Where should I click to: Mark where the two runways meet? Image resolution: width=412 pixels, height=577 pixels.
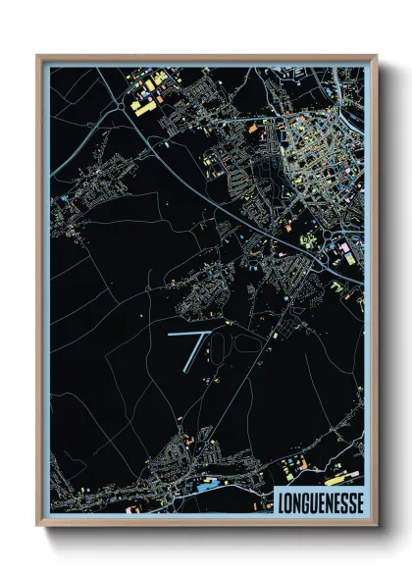pyautogui.click(x=205, y=335)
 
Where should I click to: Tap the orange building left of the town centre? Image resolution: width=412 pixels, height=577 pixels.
pyautogui.click(x=252, y=128)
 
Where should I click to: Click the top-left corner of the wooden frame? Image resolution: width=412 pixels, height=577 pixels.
pyautogui.click(x=38, y=56)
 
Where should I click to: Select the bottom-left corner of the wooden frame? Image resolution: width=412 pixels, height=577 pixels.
pyautogui.click(x=38, y=525)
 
